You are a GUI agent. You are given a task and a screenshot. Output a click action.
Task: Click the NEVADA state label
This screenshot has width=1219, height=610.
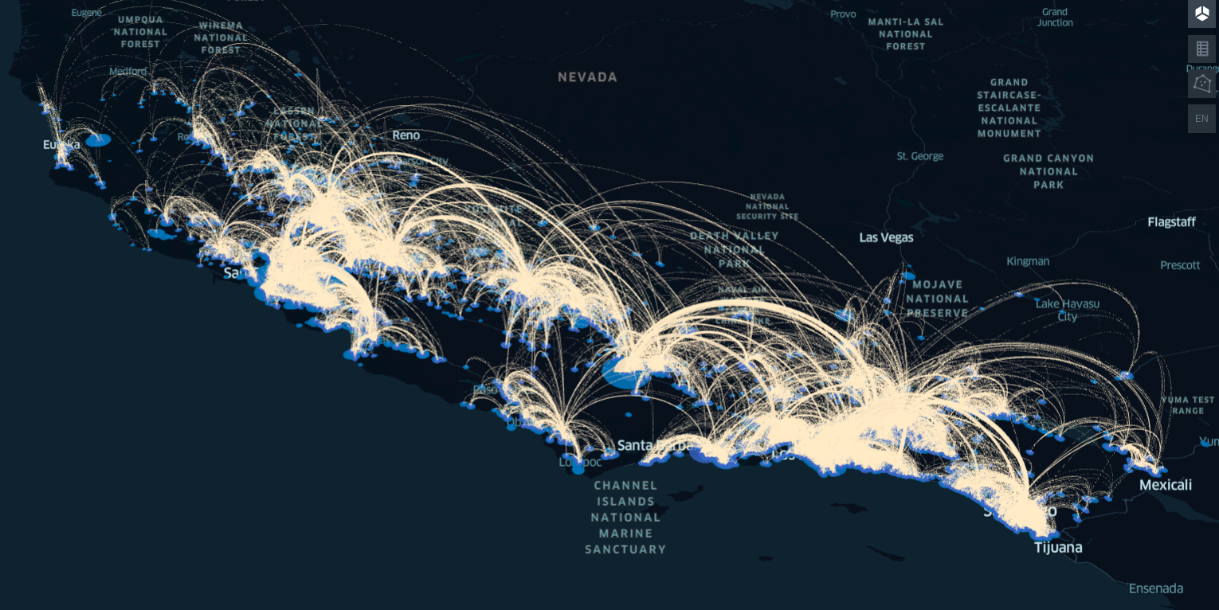(x=587, y=77)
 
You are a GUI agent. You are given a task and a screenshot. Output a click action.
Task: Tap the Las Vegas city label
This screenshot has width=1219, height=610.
(x=886, y=237)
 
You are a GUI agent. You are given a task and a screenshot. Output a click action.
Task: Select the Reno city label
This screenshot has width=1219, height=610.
(x=406, y=135)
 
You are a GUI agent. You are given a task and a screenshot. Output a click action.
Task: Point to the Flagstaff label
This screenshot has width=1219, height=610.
(x=1171, y=222)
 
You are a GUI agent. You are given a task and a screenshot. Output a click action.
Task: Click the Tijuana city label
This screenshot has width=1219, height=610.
(x=1058, y=548)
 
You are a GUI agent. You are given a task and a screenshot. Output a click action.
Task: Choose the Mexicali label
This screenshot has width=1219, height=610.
(x=1165, y=485)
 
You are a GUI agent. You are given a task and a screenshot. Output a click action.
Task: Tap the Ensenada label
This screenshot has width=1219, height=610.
(x=1155, y=588)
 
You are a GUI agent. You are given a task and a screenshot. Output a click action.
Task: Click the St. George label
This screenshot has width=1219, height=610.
(x=919, y=156)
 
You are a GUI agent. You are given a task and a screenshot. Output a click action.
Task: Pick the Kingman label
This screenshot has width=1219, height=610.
(x=1028, y=261)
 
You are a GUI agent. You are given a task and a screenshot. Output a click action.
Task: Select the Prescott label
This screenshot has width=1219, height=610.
(x=1180, y=265)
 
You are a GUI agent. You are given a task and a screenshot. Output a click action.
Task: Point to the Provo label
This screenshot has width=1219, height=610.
(x=843, y=14)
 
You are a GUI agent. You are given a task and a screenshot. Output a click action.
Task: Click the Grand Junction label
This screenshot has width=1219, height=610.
(x=1055, y=18)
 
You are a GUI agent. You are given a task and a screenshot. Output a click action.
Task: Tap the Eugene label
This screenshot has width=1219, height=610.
(x=87, y=13)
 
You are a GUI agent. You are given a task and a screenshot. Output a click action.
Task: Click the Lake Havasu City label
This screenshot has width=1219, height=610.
(x=1067, y=310)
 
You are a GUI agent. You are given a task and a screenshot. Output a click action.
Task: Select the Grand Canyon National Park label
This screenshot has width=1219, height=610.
(x=1048, y=171)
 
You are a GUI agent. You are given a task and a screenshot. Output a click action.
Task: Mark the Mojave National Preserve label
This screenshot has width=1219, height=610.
(x=938, y=299)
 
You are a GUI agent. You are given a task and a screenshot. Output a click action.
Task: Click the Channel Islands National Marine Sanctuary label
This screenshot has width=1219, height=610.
(x=626, y=517)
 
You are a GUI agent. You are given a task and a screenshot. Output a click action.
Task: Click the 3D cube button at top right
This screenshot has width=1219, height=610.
(x=1201, y=14)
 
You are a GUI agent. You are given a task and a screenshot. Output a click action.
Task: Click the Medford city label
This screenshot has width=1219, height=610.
(x=128, y=71)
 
